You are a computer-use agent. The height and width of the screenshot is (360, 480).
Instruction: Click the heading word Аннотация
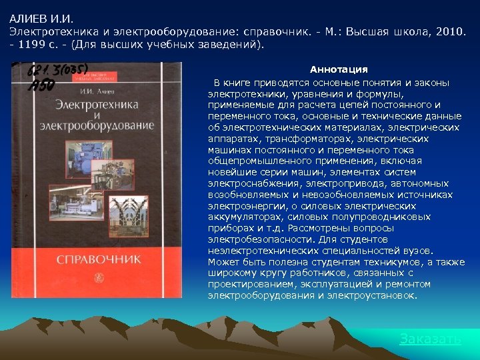339,69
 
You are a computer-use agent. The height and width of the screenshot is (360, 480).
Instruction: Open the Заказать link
430,339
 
